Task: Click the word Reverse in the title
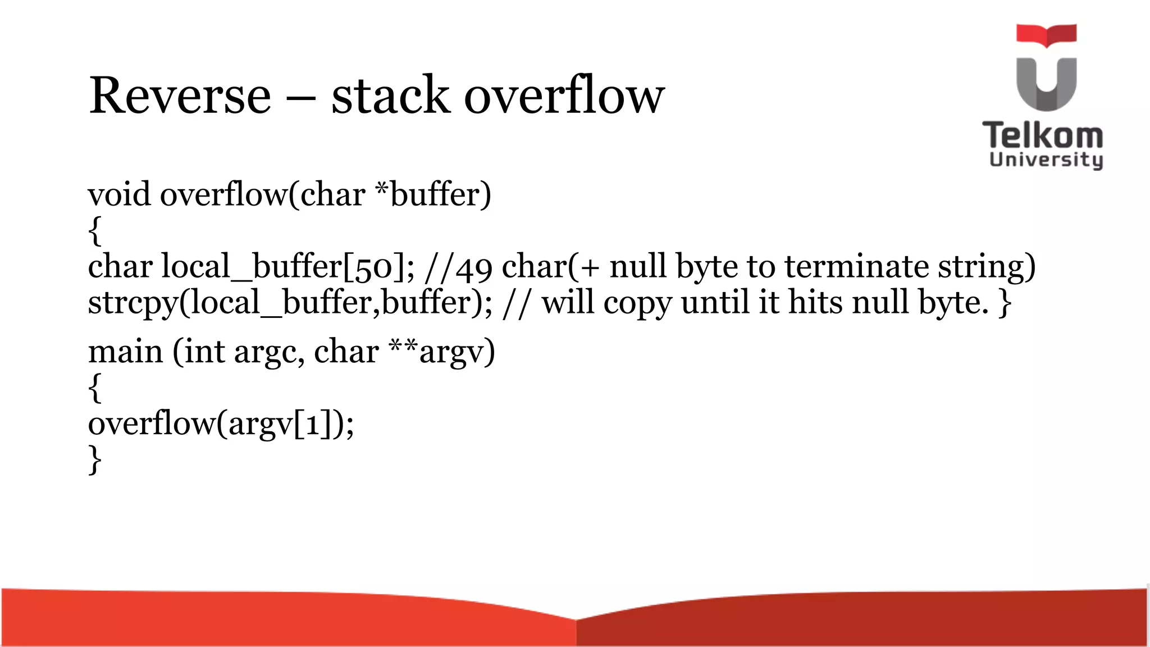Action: tap(180, 95)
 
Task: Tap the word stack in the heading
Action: tap(391, 95)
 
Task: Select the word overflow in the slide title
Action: tap(564, 95)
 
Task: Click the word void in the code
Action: tap(119, 195)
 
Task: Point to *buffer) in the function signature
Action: tap(433, 195)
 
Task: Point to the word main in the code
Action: tap(125, 352)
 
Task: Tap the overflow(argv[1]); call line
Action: tap(221, 424)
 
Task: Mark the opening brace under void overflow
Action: tap(95, 231)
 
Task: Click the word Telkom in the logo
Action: tap(1043, 136)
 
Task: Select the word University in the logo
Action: tap(1046, 160)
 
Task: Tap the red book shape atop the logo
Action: tap(1046, 34)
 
